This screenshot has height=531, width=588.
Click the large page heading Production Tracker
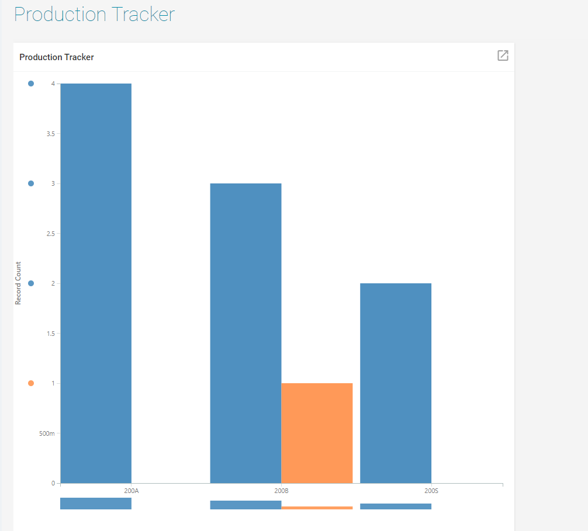coord(94,15)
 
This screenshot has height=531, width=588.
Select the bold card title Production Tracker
coord(57,57)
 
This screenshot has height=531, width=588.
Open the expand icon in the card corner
coord(503,55)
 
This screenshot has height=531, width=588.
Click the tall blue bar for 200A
coord(96,283)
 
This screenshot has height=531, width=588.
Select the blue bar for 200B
coord(245,333)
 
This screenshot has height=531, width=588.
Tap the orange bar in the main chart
coord(317,433)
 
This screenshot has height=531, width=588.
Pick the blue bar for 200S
coord(396,383)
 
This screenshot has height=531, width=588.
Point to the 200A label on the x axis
coord(132,491)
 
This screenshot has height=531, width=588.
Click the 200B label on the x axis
coord(281,491)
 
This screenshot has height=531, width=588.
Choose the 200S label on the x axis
coord(431,491)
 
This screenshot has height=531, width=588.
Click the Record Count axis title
coord(18,283)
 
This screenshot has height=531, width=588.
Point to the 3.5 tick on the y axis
coord(50,134)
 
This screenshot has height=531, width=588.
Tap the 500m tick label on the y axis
coord(47,433)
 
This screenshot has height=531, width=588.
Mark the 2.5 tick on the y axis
coord(50,234)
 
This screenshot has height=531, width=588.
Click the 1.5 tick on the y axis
coord(50,334)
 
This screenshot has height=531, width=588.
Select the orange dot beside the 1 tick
coord(31,383)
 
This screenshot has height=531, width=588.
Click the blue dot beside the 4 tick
coord(31,84)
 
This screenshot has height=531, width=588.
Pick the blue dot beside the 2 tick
coord(31,283)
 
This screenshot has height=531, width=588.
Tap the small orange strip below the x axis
coord(317,508)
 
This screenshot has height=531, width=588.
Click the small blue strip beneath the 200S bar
coord(396,506)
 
